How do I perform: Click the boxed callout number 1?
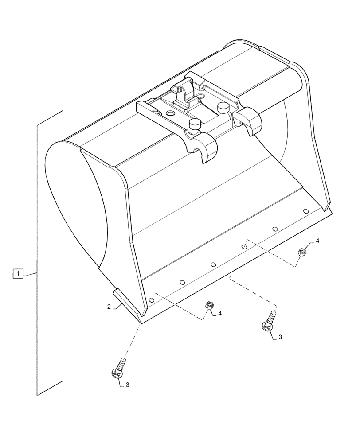pos(18,274)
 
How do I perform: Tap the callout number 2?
pos(109,306)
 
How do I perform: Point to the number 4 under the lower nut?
pos(220,313)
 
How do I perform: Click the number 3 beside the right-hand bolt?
pos(280,337)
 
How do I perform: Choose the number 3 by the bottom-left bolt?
pos(127,385)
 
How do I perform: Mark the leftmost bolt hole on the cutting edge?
pos(152,300)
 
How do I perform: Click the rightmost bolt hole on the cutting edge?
pos(305,211)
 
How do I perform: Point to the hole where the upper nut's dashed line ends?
pos(244,246)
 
